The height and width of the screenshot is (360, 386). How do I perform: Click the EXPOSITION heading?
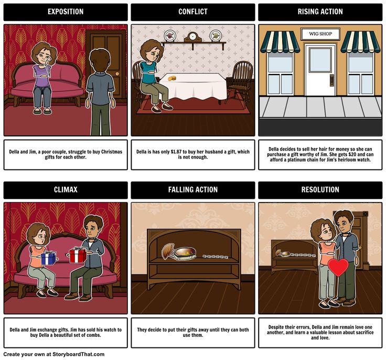pos(66,12)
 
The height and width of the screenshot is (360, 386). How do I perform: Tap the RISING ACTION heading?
pos(320,12)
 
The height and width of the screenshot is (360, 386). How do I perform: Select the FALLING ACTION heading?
pos(193,189)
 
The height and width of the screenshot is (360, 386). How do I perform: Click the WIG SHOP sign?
pos(320,34)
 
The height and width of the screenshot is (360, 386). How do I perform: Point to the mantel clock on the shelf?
pos(193,37)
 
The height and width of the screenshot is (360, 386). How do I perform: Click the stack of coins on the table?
pos(172,78)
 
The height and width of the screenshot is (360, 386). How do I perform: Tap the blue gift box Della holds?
pos(48,258)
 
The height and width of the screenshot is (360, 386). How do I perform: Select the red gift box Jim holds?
pos(78,255)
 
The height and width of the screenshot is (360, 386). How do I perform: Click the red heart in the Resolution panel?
pos(338,267)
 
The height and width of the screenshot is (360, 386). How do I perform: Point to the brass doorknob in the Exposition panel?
pos(117,73)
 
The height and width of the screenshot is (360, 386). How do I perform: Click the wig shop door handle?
pos(331,81)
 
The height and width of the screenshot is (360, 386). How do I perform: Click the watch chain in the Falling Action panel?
pos(215,257)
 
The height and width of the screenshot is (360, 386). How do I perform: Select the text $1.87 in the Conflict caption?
pos(176,152)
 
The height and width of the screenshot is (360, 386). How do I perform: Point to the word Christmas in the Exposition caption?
pos(112,152)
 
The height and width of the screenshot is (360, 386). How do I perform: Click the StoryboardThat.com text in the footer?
pos(79,354)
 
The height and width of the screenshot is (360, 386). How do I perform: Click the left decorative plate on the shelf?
pos(169,36)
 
